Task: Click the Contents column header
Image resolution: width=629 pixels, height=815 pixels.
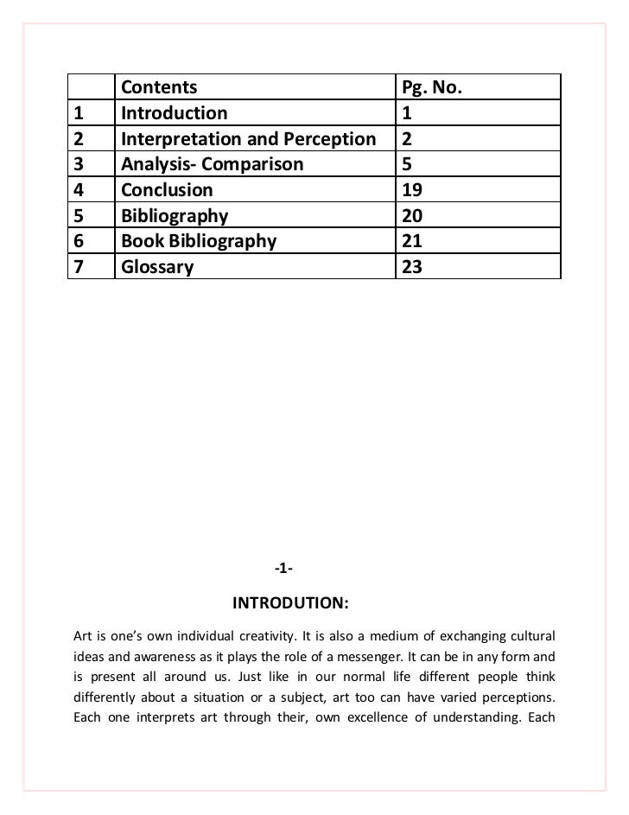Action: click(x=159, y=87)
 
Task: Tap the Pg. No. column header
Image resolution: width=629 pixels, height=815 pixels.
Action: click(x=433, y=87)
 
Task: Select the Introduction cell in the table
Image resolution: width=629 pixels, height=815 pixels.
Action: click(x=174, y=113)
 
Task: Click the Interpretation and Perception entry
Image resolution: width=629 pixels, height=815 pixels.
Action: click(x=248, y=139)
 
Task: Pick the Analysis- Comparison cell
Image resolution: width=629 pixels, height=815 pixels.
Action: click(x=212, y=164)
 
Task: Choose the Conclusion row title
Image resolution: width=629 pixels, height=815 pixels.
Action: click(x=166, y=190)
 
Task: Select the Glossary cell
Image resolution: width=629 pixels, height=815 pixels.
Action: click(x=157, y=267)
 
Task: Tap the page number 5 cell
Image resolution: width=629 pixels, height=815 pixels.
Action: click(x=407, y=164)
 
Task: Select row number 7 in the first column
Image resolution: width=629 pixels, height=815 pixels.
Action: click(x=80, y=267)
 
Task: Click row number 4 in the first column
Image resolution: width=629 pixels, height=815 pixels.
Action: click(x=80, y=190)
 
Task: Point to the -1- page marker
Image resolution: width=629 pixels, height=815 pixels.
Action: click(x=284, y=568)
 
